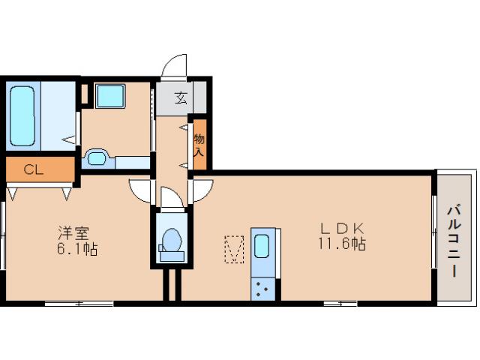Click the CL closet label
[33, 169]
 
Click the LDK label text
[342, 227]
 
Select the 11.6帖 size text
[342, 244]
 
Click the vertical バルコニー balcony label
[454, 241]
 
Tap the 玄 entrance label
[181, 97]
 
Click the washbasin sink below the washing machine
[97, 157]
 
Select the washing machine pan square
[112, 97]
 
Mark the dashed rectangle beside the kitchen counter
[235, 249]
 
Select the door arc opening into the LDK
[201, 191]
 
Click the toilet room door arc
[171, 198]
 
